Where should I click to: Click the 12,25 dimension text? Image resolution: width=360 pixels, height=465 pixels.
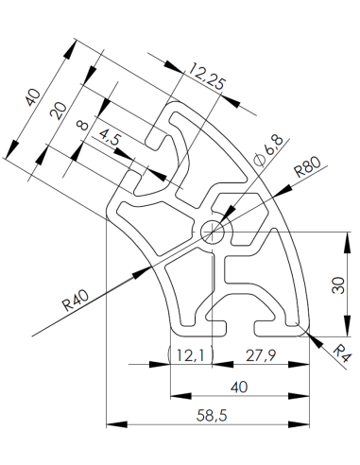pyautogui.click(x=206, y=77)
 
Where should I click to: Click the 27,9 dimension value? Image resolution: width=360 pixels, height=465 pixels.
pyautogui.click(x=262, y=355)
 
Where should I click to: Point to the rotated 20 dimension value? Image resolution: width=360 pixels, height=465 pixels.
pyautogui.click(x=59, y=113)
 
